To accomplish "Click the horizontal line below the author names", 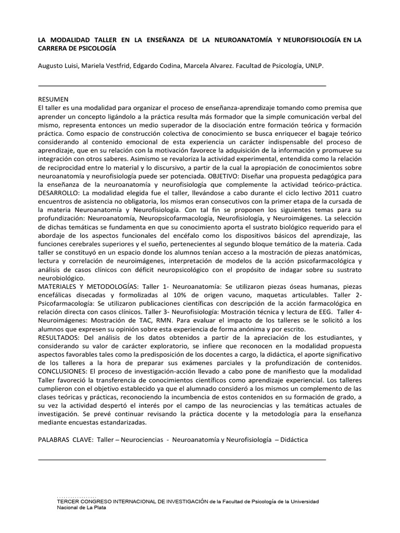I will [x=182, y=84].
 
